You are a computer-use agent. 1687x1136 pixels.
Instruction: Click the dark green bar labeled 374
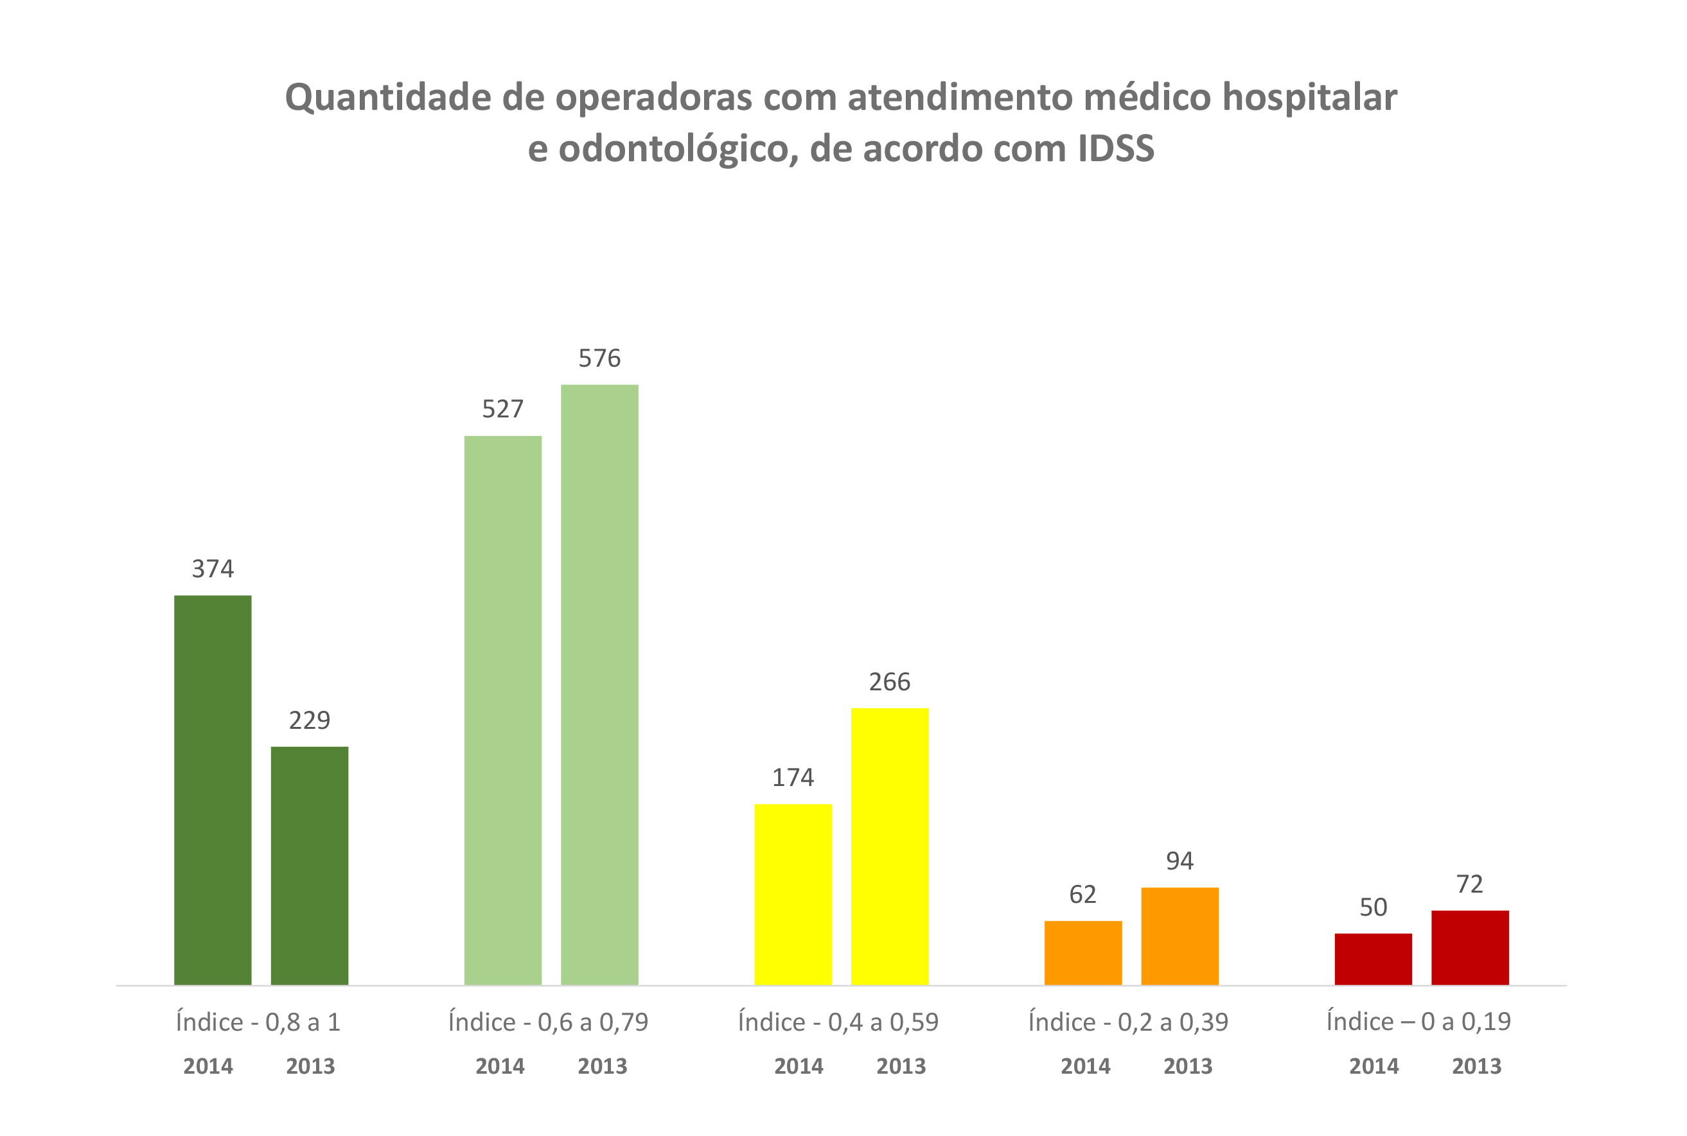213,790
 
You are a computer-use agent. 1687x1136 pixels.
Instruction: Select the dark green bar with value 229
310,865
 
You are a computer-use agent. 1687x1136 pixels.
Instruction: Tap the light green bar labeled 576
599,684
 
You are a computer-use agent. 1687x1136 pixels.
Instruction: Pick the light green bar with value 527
502,710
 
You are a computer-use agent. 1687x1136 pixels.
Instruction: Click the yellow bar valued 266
889,846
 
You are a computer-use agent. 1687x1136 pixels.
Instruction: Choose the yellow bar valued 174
793,894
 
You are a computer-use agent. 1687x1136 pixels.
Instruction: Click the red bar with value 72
1470,947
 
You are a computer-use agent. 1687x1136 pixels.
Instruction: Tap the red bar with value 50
1373,959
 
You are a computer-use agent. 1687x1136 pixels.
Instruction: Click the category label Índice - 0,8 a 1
258,1022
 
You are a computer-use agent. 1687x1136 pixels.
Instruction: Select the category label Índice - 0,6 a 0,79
548,1022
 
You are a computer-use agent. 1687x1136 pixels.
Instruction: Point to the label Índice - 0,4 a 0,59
838,1022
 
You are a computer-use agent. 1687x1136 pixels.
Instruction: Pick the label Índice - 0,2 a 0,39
1128,1022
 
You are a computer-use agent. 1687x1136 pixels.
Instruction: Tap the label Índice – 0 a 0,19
1418,1022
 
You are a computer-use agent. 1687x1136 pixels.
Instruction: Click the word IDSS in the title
1115,148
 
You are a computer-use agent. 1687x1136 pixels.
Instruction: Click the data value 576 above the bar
599,358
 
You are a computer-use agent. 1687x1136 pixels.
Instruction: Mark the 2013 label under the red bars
1476,1067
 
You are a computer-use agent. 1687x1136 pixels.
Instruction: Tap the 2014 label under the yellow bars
799,1067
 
